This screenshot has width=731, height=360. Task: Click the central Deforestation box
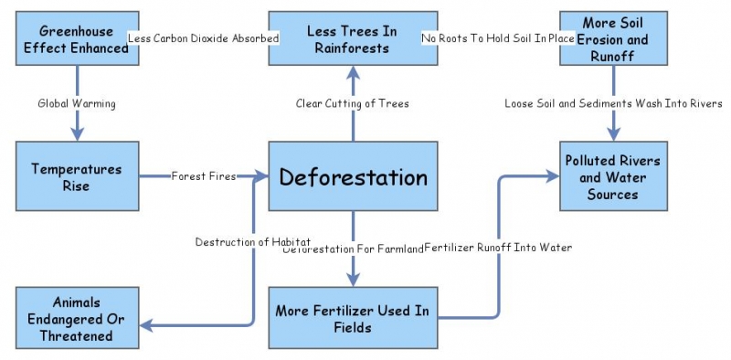tap(353, 176)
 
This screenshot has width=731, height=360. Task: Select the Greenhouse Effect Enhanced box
tap(78, 38)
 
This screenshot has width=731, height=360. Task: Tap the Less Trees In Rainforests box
tap(353, 38)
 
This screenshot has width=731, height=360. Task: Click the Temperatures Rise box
tap(78, 176)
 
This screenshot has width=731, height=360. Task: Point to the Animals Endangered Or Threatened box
tap(78, 317)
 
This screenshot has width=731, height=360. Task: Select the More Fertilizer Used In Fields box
tap(353, 317)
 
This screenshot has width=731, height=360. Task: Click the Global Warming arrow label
tap(78, 103)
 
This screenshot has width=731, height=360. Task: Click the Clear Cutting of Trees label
tap(353, 103)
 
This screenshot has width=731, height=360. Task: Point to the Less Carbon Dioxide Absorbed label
tap(204, 38)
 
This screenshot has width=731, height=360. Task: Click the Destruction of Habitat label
tap(253, 242)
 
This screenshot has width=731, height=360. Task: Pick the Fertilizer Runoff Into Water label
tap(498, 248)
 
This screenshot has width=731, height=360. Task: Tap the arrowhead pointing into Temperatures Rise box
tap(78, 134)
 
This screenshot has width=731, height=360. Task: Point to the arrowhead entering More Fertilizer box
tap(353, 279)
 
